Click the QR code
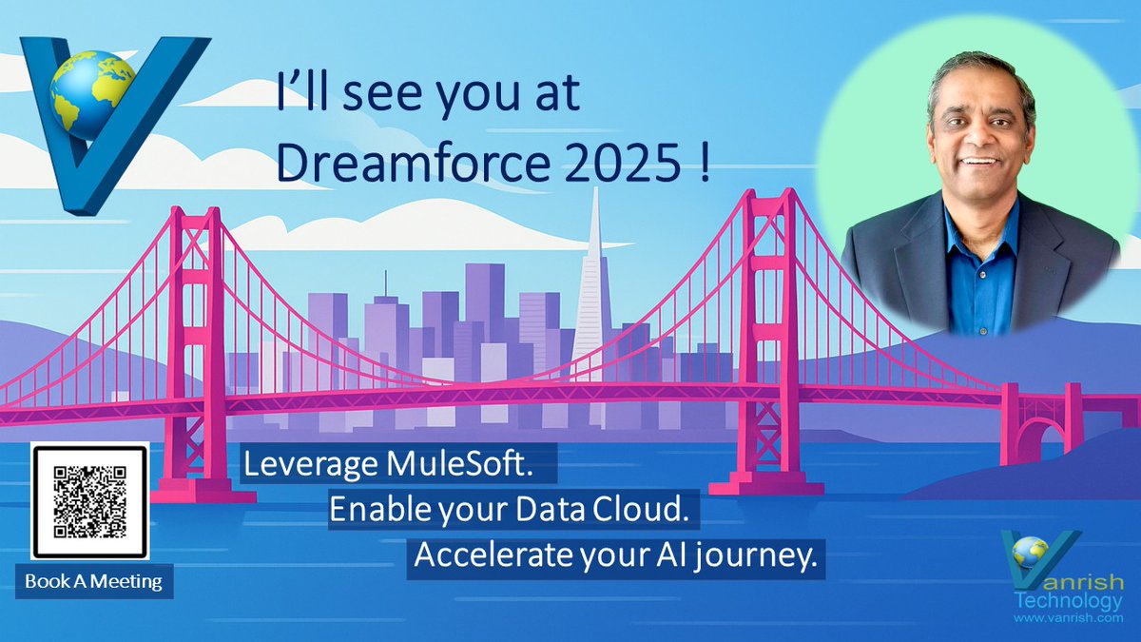(x=89, y=501)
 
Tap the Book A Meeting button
(x=93, y=580)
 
